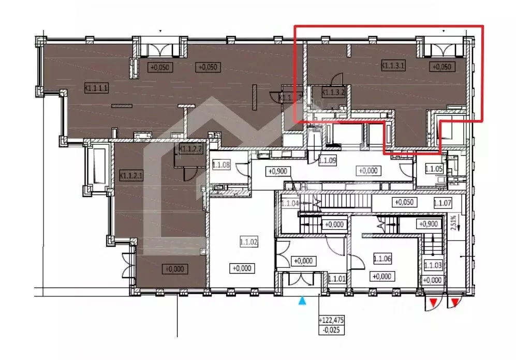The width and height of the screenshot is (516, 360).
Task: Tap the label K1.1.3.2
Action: click(x=334, y=93)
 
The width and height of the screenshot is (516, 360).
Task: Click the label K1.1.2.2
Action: click(x=189, y=149)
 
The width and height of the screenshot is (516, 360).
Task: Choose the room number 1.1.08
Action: click(x=221, y=166)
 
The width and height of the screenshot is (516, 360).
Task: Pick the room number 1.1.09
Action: click(x=327, y=161)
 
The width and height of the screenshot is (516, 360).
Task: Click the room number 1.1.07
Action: click(x=443, y=203)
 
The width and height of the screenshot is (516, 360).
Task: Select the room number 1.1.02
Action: click(x=249, y=241)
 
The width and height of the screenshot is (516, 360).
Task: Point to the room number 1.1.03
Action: click(x=432, y=266)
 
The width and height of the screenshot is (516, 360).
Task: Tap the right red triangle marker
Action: click(x=454, y=302)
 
